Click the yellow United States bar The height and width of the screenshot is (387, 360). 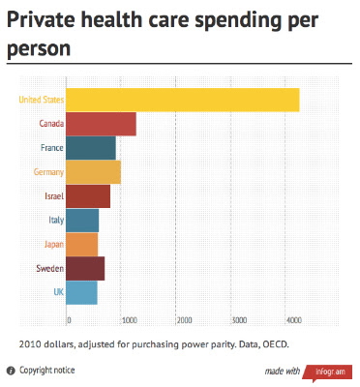pos(183,100)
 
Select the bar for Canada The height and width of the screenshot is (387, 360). pos(101,124)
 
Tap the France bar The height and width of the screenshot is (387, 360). pos(91,148)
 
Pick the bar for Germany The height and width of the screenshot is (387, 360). pos(94,172)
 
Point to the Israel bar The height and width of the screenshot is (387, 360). pos(88,196)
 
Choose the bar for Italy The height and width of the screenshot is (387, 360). pos(82,221)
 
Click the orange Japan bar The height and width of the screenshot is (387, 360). pos(82,245)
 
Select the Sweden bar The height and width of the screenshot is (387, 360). pos(85,269)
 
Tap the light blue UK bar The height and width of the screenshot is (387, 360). pos(81,293)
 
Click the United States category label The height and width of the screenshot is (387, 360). pos(42,100)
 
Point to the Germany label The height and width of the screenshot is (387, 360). pos(48,172)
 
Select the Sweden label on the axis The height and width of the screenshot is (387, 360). pos(50,268)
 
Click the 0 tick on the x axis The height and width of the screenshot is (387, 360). pos(69,320)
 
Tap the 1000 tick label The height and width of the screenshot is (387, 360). pos(130,320)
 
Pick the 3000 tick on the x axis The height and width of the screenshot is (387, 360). pos(240,320)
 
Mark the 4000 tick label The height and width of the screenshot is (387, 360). pos(294,320)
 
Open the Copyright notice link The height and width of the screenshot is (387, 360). pos(47,371)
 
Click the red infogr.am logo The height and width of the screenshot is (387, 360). pos(328,372)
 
